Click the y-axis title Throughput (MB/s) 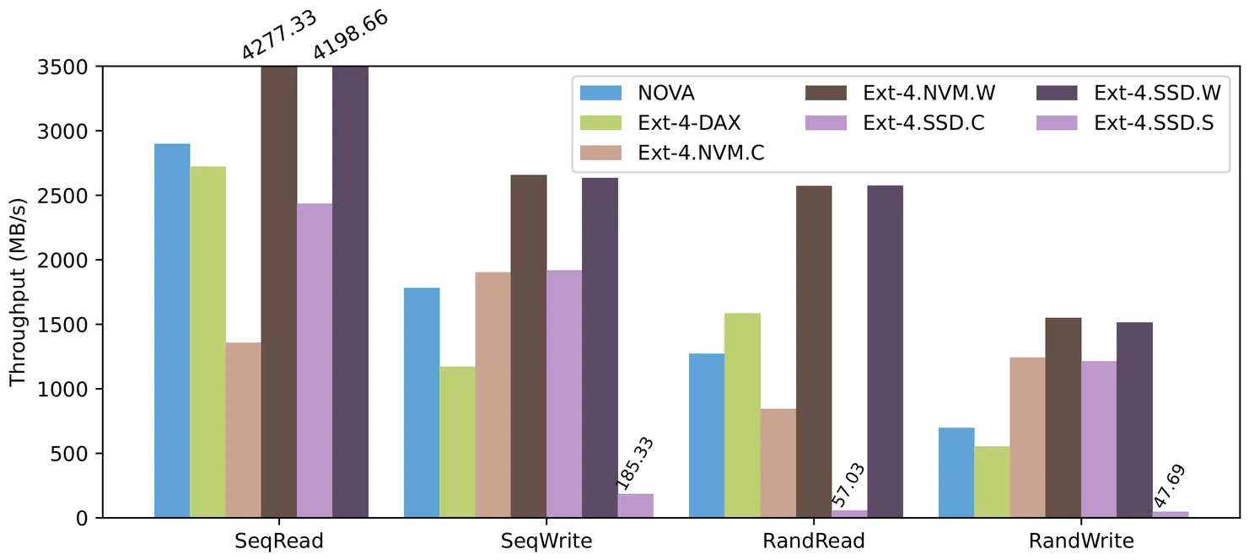coord(18,292)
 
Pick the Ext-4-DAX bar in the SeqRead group coord(207,342)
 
